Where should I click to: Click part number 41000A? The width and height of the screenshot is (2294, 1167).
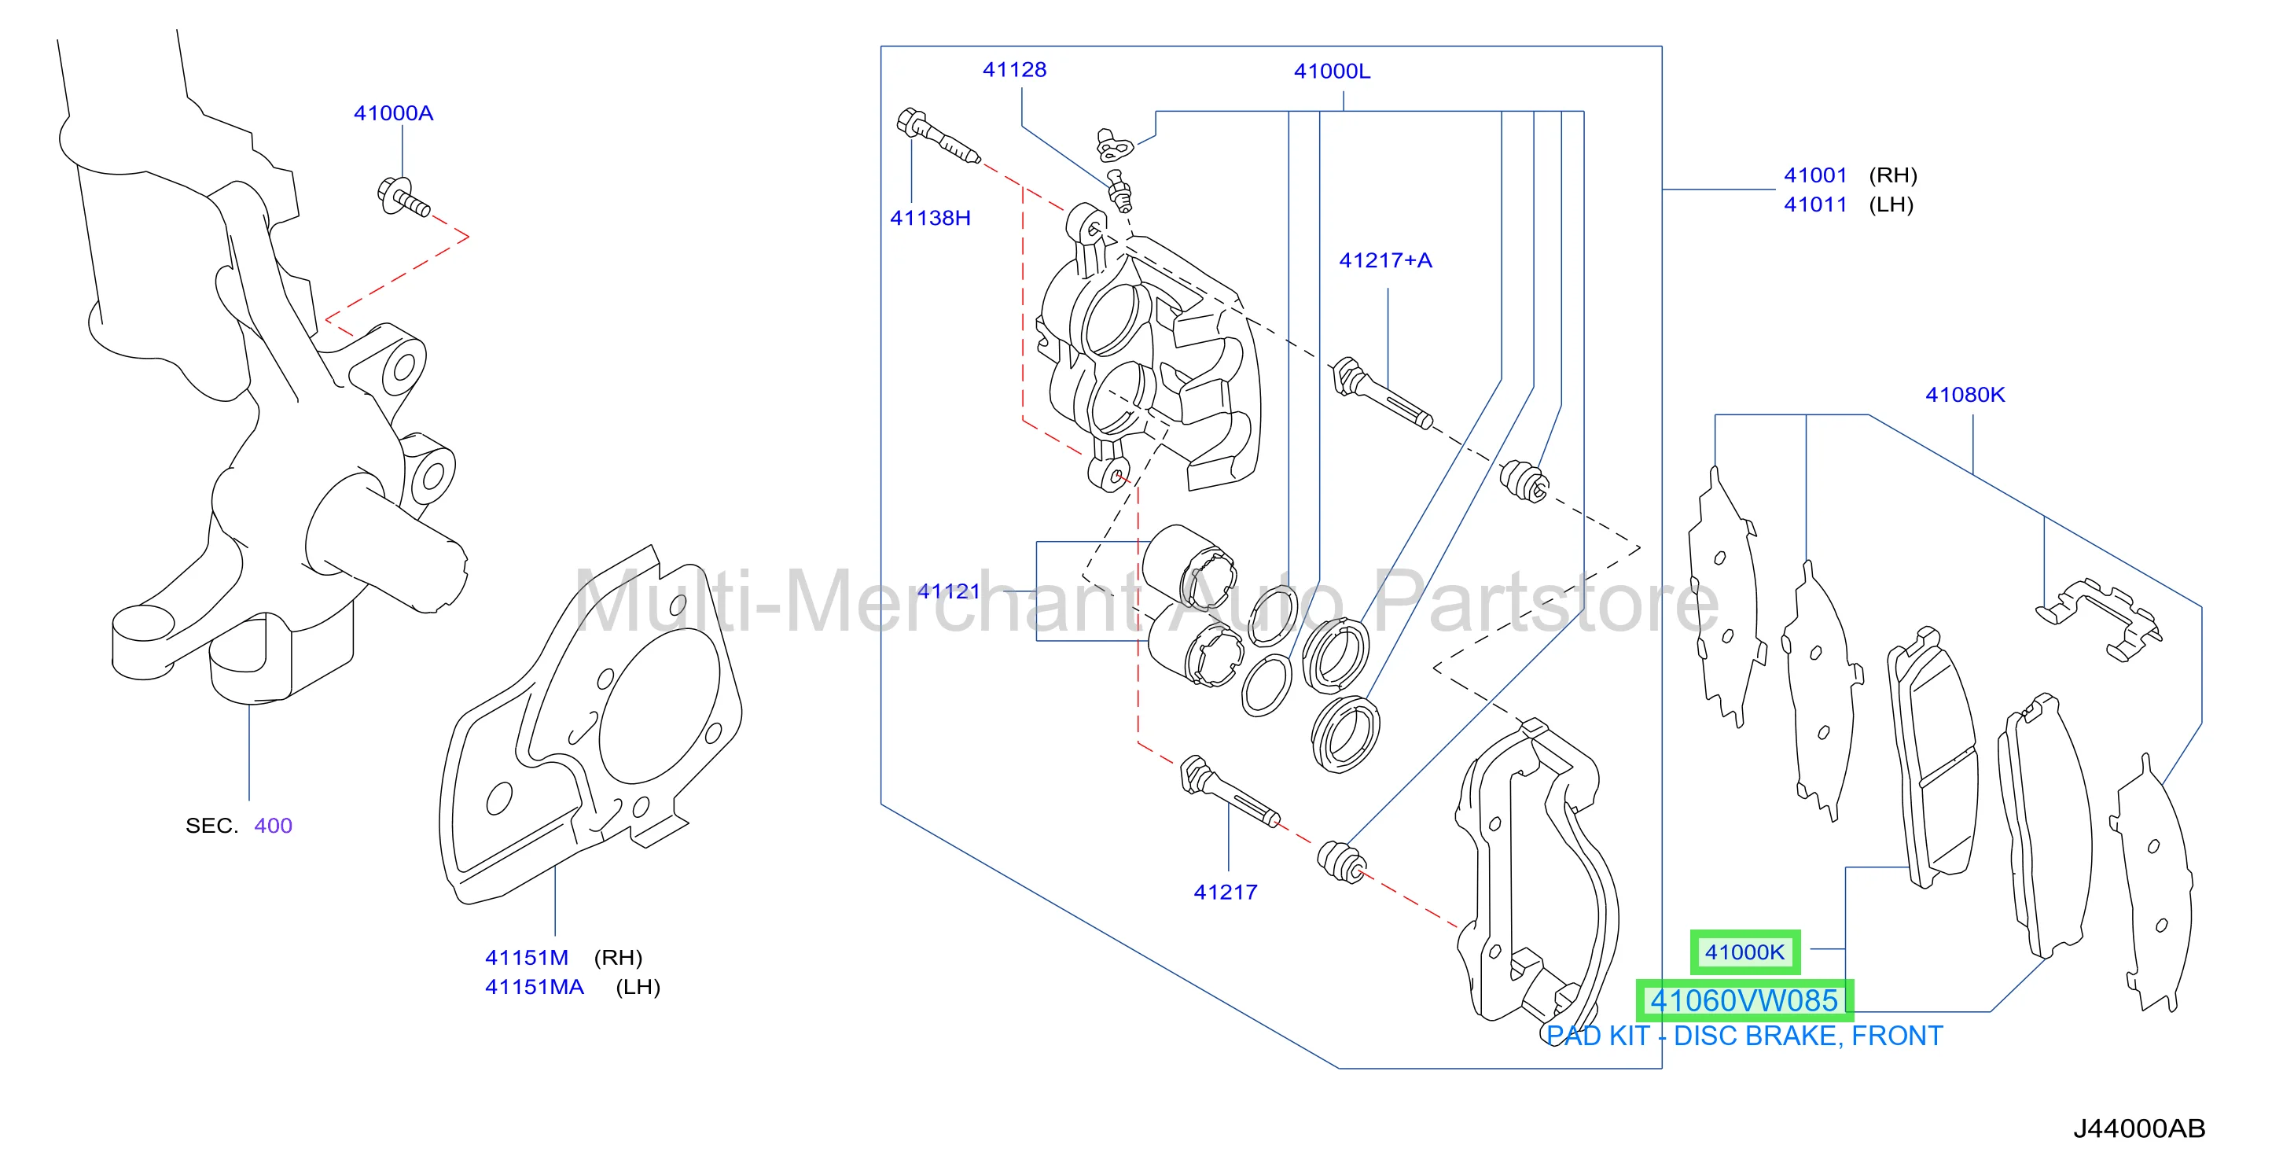point(394,113)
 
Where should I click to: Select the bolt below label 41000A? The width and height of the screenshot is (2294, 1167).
point(403,197)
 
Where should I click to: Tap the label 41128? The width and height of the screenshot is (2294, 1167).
point(1014,69)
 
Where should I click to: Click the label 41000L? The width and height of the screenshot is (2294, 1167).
point(1333,72)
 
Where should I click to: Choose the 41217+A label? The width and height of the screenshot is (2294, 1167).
point(1386,260)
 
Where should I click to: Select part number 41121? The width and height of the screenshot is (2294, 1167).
point(948,591)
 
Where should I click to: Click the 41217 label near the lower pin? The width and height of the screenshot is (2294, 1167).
point(1226,892)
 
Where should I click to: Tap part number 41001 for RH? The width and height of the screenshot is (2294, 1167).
point(1816,175)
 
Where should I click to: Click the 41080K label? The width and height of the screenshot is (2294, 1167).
point(1965,395)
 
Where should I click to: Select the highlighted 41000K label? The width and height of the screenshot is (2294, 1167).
point(1744,952)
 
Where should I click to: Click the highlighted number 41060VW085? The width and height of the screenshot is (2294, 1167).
point(1744,1000)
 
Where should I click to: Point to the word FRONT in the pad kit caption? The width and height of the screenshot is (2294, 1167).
point(1897,1036)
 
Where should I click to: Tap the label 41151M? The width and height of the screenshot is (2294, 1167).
point(526,958)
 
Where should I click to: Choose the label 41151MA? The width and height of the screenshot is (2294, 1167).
point(535,987)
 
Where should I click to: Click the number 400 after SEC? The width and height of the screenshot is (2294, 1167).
point(274,826)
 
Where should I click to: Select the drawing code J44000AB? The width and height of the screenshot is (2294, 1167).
point(2139,1128)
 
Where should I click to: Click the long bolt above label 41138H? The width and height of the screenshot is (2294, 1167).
point(939,136)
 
